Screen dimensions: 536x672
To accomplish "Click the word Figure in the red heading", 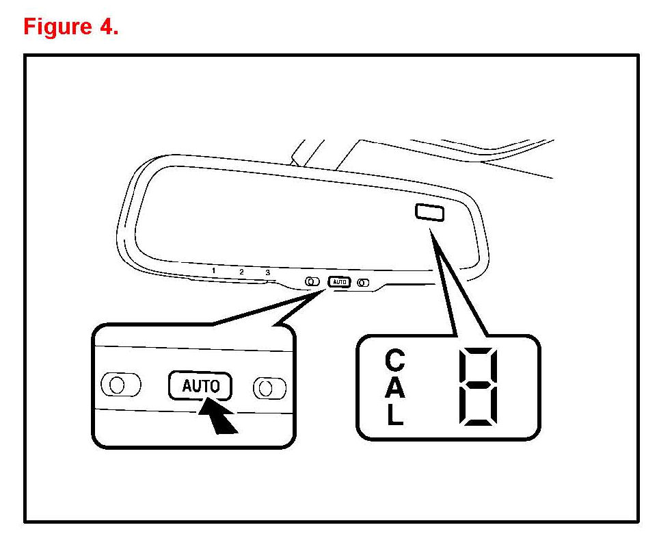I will [57, 27].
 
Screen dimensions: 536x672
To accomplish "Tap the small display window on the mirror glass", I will [429, 213].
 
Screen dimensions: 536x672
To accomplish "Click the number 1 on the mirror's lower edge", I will [214, 270].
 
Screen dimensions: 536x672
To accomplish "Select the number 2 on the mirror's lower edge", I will [241, 272].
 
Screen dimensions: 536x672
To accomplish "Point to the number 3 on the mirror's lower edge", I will [267, 272].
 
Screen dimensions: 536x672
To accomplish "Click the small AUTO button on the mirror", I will [339, 281].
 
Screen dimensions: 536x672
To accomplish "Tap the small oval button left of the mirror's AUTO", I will [312, 281].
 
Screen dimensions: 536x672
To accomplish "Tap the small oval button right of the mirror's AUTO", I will [363, 282].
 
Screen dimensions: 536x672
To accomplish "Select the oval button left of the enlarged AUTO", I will [120, 384].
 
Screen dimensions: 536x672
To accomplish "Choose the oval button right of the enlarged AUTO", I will [270, 388].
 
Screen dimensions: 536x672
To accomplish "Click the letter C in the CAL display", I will [395, 360].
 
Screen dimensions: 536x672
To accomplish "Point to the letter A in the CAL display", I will [395, 388].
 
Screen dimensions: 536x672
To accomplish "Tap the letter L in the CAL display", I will [395, 416].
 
